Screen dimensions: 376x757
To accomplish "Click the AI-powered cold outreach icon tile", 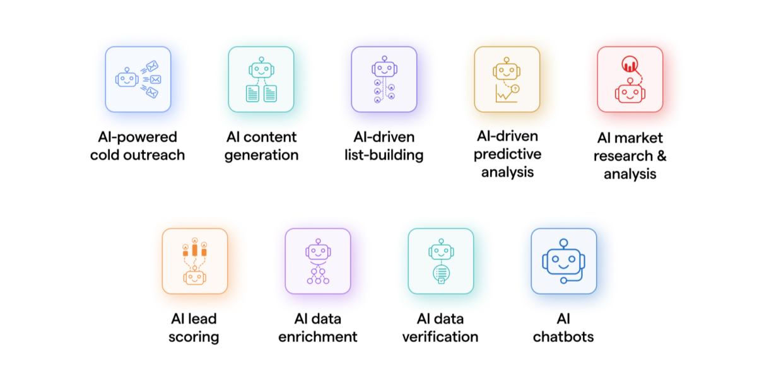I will (138, 79).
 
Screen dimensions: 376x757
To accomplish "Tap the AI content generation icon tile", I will (261, 79).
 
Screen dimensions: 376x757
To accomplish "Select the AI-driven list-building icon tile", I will (384, 79).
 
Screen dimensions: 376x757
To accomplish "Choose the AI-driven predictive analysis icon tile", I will (507, 79).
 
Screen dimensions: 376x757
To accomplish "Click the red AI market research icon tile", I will (630, 79).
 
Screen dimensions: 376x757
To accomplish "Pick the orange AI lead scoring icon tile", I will (194, 261).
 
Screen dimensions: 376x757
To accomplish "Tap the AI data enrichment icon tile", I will (317, 261).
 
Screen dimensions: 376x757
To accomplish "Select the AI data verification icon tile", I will (440, 261).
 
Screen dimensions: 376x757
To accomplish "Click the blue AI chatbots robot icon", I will (563, 261).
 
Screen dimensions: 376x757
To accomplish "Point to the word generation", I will (261, 155).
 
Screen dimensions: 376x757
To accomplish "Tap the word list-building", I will (384, 155).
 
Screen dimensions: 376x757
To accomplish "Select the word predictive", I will (507, 154).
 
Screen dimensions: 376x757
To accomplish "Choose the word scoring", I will (194, 337).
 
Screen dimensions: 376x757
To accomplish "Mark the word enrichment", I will (317, 337).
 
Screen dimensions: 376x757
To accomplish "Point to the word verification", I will (440, 337).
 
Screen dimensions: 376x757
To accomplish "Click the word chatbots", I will (563, 337).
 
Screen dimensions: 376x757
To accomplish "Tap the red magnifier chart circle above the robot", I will (629, 64).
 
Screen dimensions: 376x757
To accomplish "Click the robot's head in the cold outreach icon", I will (127, 79).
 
